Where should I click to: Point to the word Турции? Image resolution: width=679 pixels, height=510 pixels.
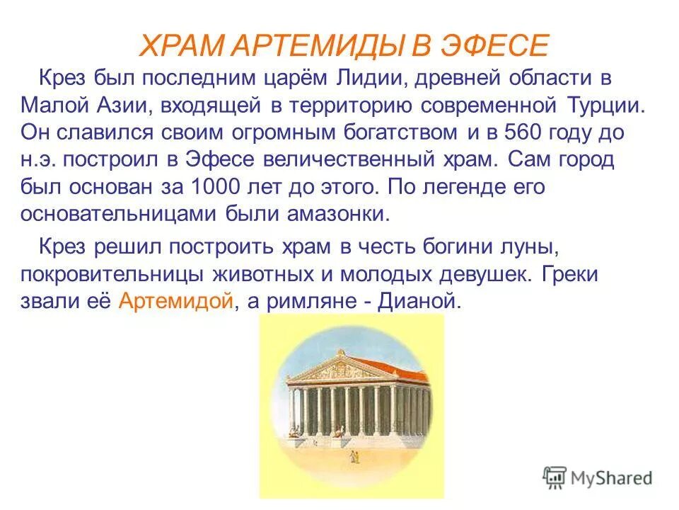606,105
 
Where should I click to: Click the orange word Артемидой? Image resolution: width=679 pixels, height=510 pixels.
175,302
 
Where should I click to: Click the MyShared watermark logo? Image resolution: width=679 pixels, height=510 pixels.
598,478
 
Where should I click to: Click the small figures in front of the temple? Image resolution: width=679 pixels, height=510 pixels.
351,459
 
